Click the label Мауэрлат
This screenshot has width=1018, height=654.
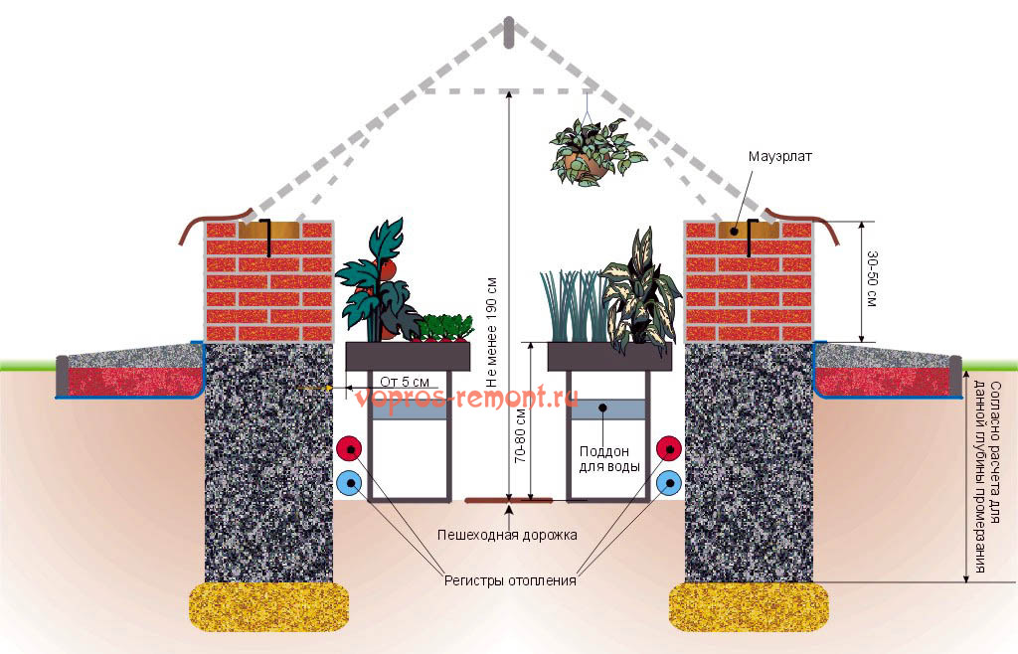[x=779, y=156]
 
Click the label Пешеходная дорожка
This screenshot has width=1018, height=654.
[x=507, y=536]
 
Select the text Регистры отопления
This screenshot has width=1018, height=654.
[x=510, y=580]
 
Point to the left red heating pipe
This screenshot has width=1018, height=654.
[x=349, y=448]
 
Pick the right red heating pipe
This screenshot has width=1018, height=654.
[x=669, y=448]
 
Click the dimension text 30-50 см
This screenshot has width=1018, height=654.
[x=872, y=279]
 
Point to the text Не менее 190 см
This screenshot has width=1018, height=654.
[x=491, y=333]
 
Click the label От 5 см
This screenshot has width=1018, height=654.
[x=404, y=382]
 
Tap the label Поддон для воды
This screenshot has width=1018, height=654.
[x=609, y=459]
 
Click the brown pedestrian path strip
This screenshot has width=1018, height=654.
[x=509, y=500]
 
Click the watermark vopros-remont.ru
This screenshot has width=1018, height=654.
[x=465, y=397]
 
